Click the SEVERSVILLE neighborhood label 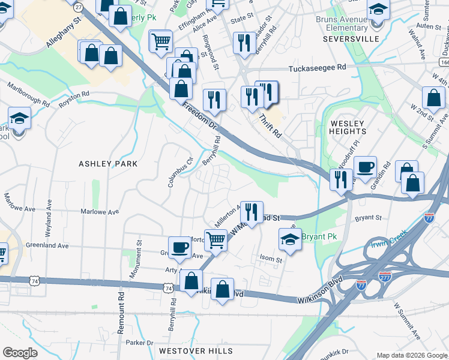351,38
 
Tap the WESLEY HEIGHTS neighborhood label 348,127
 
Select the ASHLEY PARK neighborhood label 108,164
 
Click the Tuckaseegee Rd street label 318,68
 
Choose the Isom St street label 271,260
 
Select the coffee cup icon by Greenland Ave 179,247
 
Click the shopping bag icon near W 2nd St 433,98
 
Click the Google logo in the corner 20,352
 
